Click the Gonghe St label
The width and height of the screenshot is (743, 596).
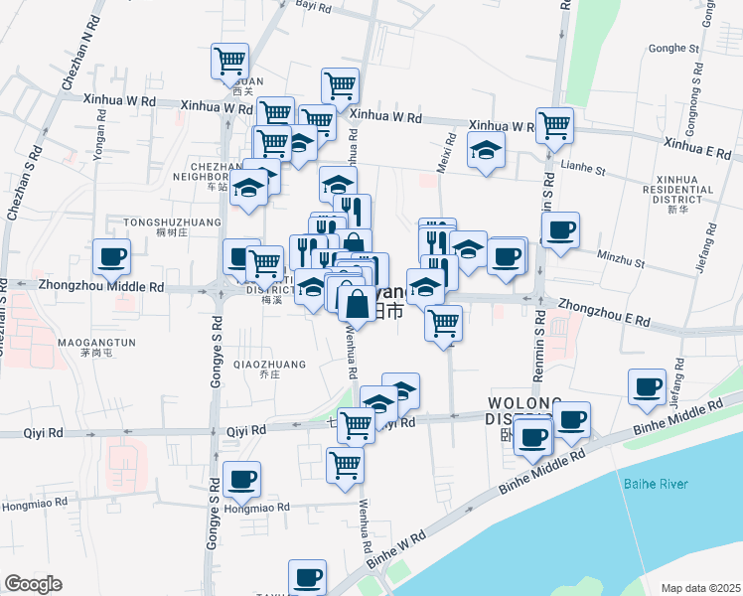pos(673,48)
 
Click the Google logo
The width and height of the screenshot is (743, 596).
pos(33,584)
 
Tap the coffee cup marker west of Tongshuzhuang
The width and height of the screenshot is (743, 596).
pos(111,257)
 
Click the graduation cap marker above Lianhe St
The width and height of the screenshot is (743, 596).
pos(486,150)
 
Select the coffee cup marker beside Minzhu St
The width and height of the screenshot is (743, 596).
pos(561,229)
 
